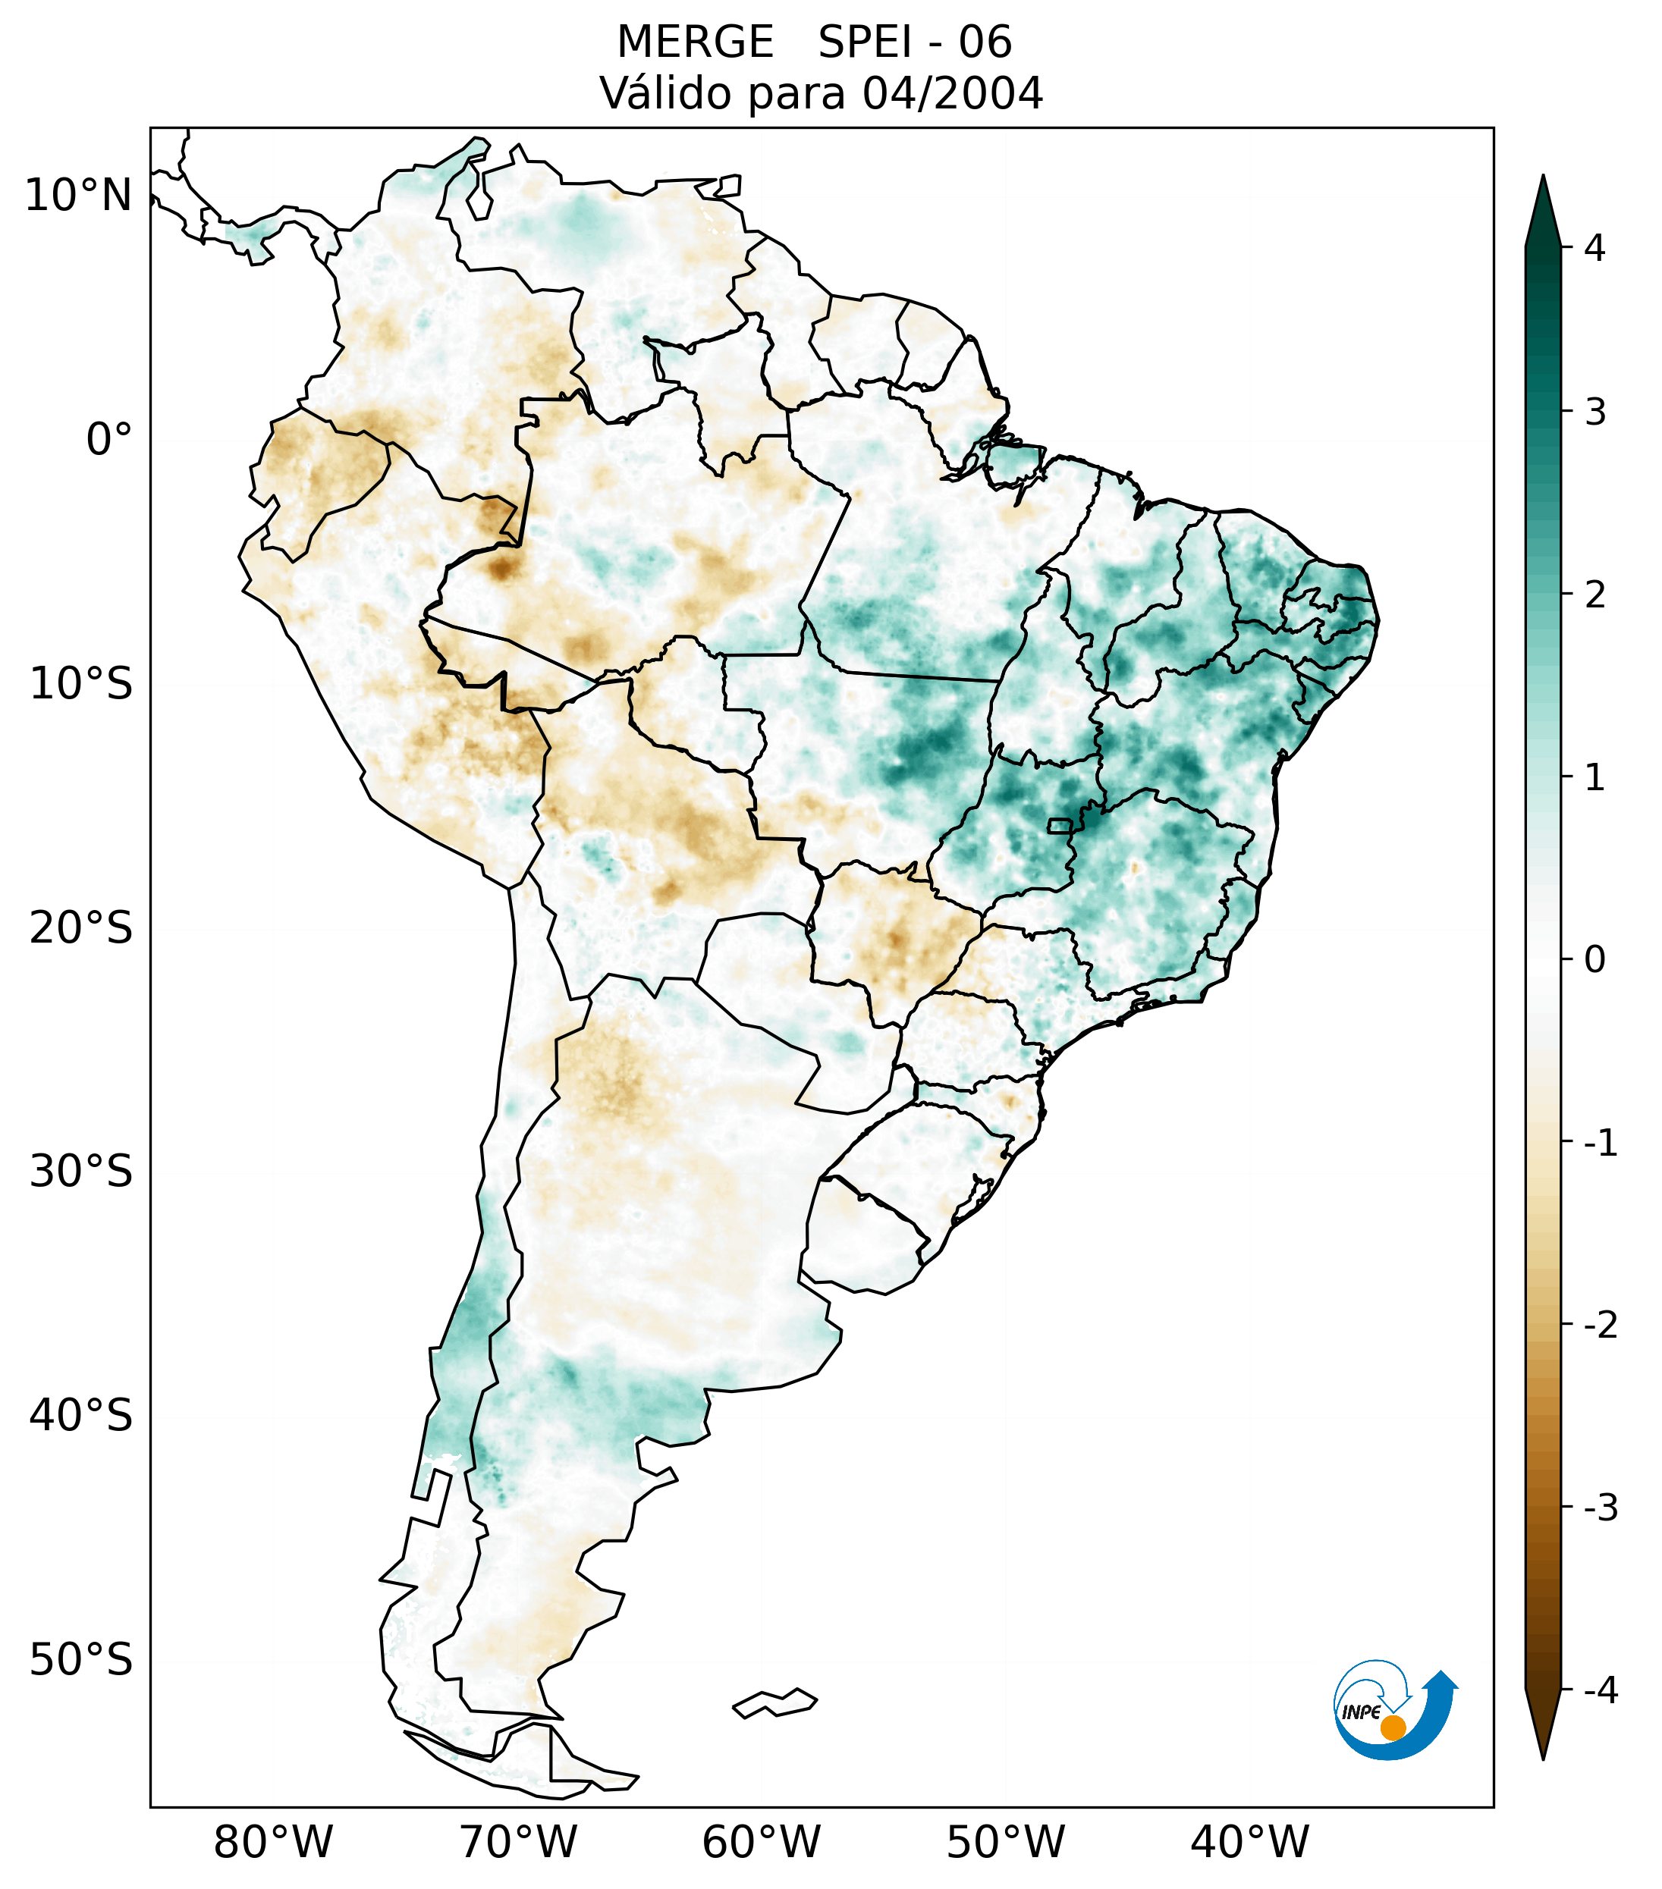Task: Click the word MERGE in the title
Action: click(x=694, y=42)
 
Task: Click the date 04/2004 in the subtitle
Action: click(x=952, y=93)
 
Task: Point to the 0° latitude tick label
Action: click(x=108, y=439)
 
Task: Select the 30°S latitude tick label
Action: click(x=81, y=1171)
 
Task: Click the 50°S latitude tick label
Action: click(x=81, y=1660)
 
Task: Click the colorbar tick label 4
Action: click(x=1594, y=248)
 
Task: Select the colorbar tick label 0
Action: click(x=1594, y=960)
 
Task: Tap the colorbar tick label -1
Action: click(x=1600, y=1144)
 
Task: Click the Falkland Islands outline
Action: click(x=774, y=1702)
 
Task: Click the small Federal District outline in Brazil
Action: click(x=1059, y=825)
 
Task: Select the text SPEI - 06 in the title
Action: click(x=914, y=42)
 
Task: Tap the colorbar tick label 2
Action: click(x=1594, y=595)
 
